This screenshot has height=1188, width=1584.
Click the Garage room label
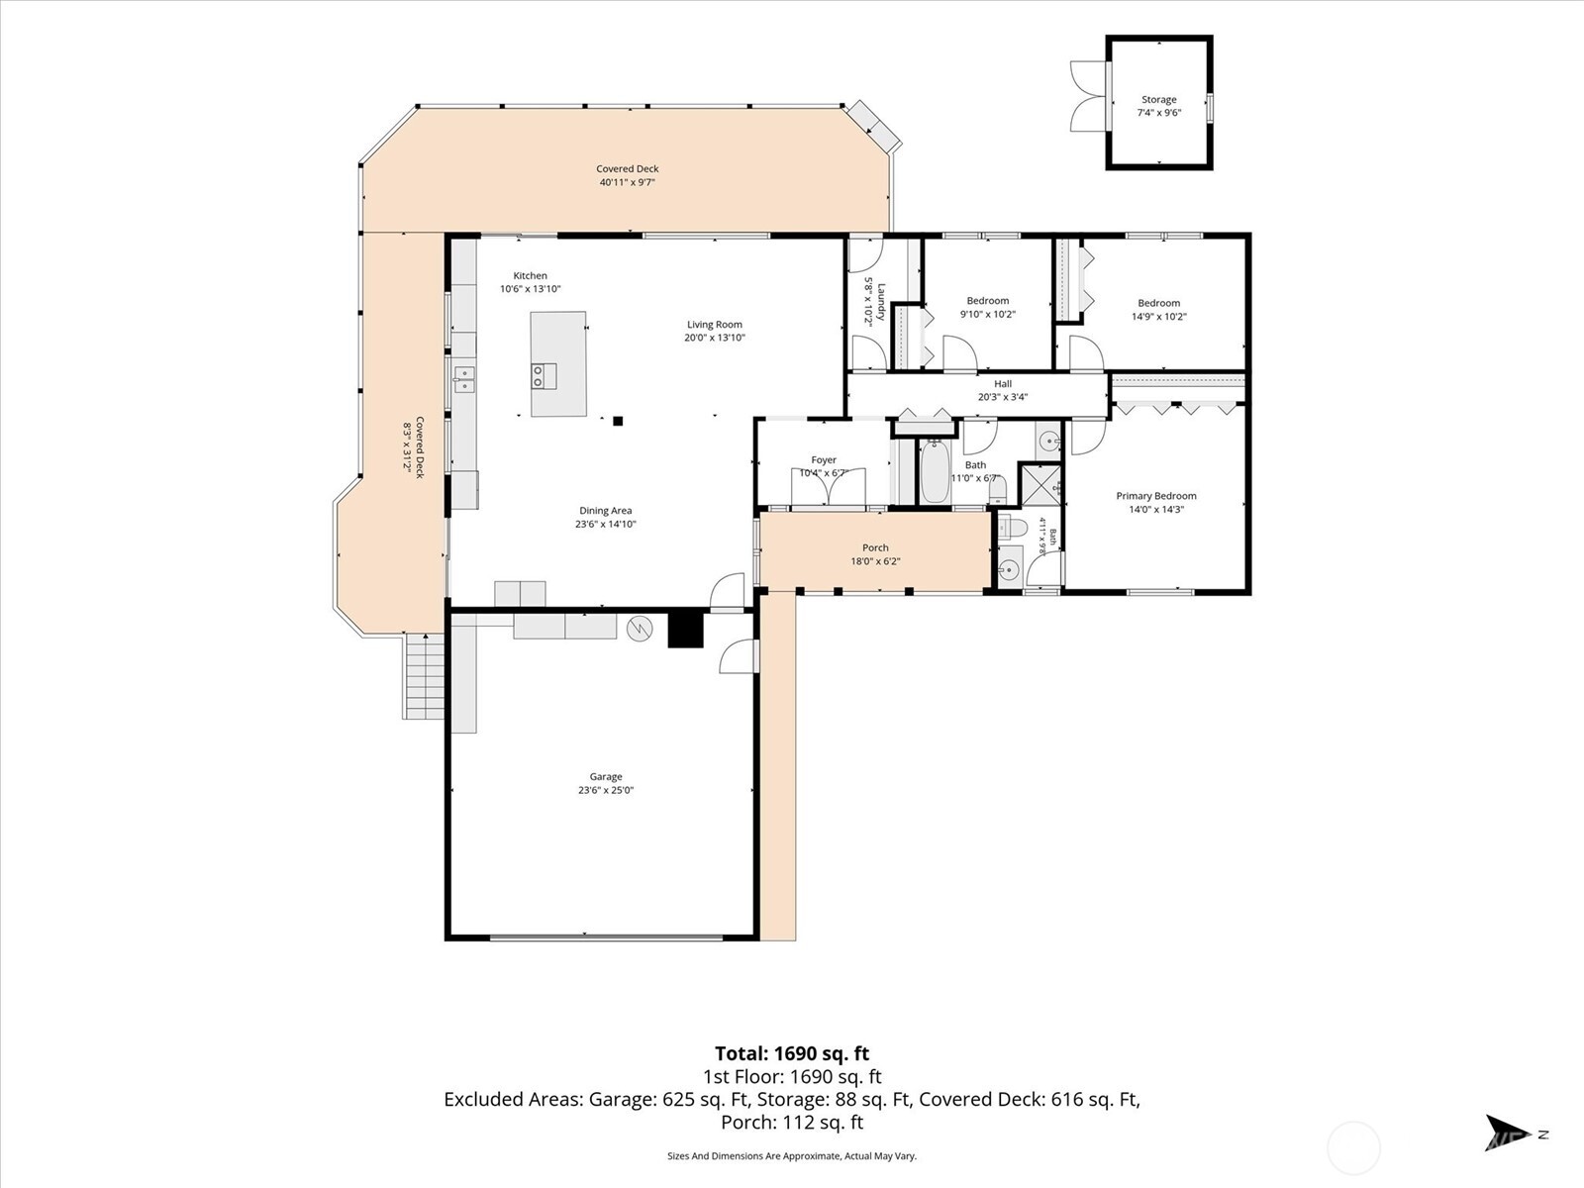606,777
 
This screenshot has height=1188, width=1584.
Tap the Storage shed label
1159,100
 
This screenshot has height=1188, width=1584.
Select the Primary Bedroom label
1156,496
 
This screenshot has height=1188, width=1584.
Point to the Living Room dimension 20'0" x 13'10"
715,338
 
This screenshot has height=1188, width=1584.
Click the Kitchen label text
531,275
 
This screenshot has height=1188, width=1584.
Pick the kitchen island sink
544,376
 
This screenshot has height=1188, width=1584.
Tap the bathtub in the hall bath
935,472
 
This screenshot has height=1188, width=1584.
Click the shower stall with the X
1039,485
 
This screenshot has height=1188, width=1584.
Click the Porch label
875,547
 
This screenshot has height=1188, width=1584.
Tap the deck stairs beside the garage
424,676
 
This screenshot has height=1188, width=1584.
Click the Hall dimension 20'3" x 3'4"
1002,397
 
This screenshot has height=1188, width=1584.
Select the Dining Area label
606,511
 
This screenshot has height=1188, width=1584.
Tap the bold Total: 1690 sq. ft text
792,1053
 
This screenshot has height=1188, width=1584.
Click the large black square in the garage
685,629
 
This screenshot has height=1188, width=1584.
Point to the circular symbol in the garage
640,629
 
